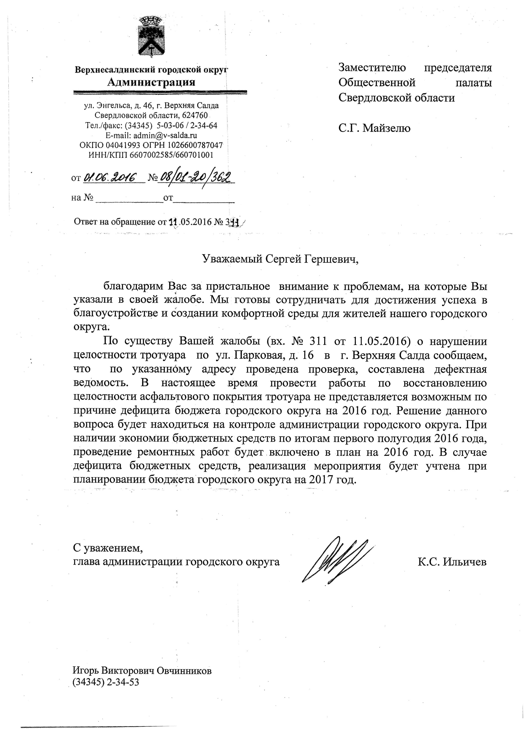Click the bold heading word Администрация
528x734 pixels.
click(151, 82)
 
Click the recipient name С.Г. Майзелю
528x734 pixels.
click(374, 128)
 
